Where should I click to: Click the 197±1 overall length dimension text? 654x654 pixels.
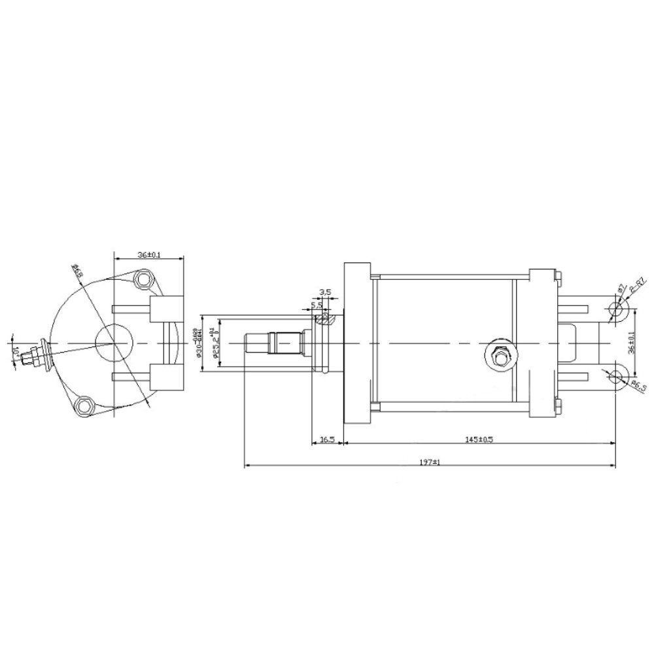[x=429, y=462]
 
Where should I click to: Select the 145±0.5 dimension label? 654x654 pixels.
[x=480, y=439]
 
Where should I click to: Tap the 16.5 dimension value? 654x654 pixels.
[x=328, y=439]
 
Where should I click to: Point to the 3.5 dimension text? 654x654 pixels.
[x=325, y=292]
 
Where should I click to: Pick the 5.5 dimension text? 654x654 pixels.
[x=317, y=305]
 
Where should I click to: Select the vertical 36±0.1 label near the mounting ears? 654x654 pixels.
[x=630, y=341]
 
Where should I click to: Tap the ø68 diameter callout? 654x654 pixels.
[x=77, y=270]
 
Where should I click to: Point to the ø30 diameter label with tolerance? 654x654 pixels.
[x=199, y=343]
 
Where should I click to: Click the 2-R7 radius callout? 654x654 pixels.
[x=637, y=288]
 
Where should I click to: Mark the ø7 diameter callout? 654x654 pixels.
[x=619, y=288]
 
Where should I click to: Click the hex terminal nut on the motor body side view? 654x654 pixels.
[x=498, y=356]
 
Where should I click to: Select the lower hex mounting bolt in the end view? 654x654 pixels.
[x=84, y=406]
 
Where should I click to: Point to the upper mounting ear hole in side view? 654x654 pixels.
[x=616, y=308]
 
